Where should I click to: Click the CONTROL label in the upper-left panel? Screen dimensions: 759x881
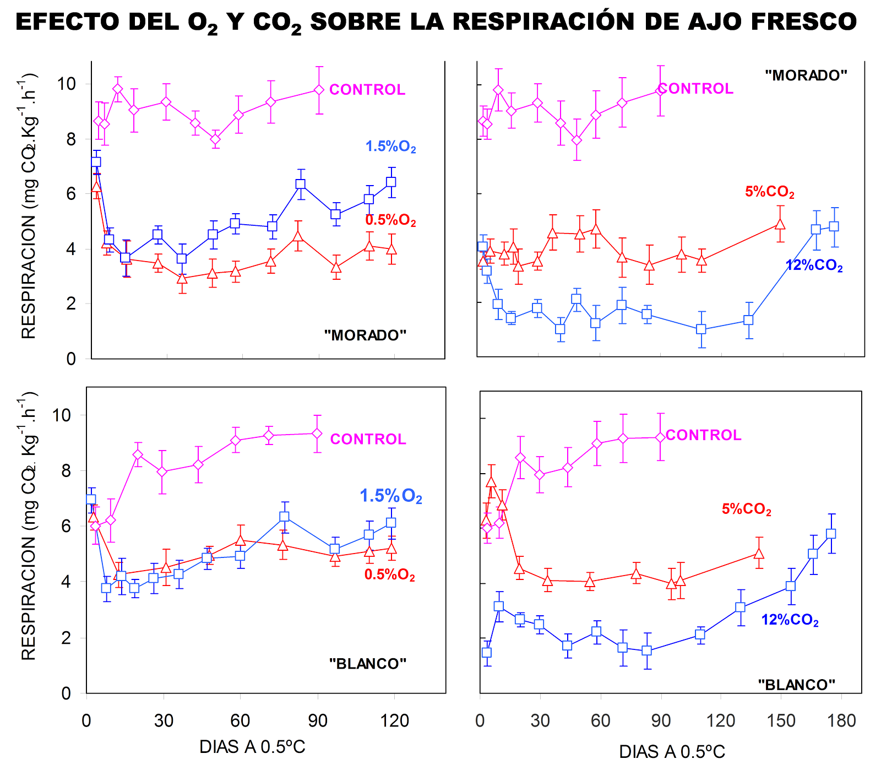(367, 89)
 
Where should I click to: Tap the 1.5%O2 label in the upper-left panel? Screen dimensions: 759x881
(390, 147)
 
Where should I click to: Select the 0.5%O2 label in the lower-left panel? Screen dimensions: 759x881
(389, 575)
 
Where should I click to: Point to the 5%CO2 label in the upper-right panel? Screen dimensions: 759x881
(769, 192)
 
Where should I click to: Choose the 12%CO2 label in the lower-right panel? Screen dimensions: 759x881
(790, 620)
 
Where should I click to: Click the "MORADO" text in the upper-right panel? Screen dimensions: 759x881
(806, 75)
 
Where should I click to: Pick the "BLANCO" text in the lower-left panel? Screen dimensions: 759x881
(367, 664)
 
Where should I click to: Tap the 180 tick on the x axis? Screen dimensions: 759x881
(841, 720)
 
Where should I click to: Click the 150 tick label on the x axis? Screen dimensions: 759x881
(781, 720)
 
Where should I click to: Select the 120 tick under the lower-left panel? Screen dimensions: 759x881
(394, 720)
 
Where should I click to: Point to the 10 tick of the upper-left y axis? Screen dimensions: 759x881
(66, 84)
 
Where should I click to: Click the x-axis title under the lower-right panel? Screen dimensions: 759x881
(672, 751)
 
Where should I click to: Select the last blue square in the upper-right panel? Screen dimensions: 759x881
(834, 226)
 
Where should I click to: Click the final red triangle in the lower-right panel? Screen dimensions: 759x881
(759, 554)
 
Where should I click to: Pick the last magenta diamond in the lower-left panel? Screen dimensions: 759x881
(317, 433)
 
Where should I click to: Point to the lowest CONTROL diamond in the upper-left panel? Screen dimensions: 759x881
(215, 139)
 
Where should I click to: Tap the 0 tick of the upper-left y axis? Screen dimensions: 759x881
(71, 359)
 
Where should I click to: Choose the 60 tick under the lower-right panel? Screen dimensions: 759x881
(600, 720)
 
